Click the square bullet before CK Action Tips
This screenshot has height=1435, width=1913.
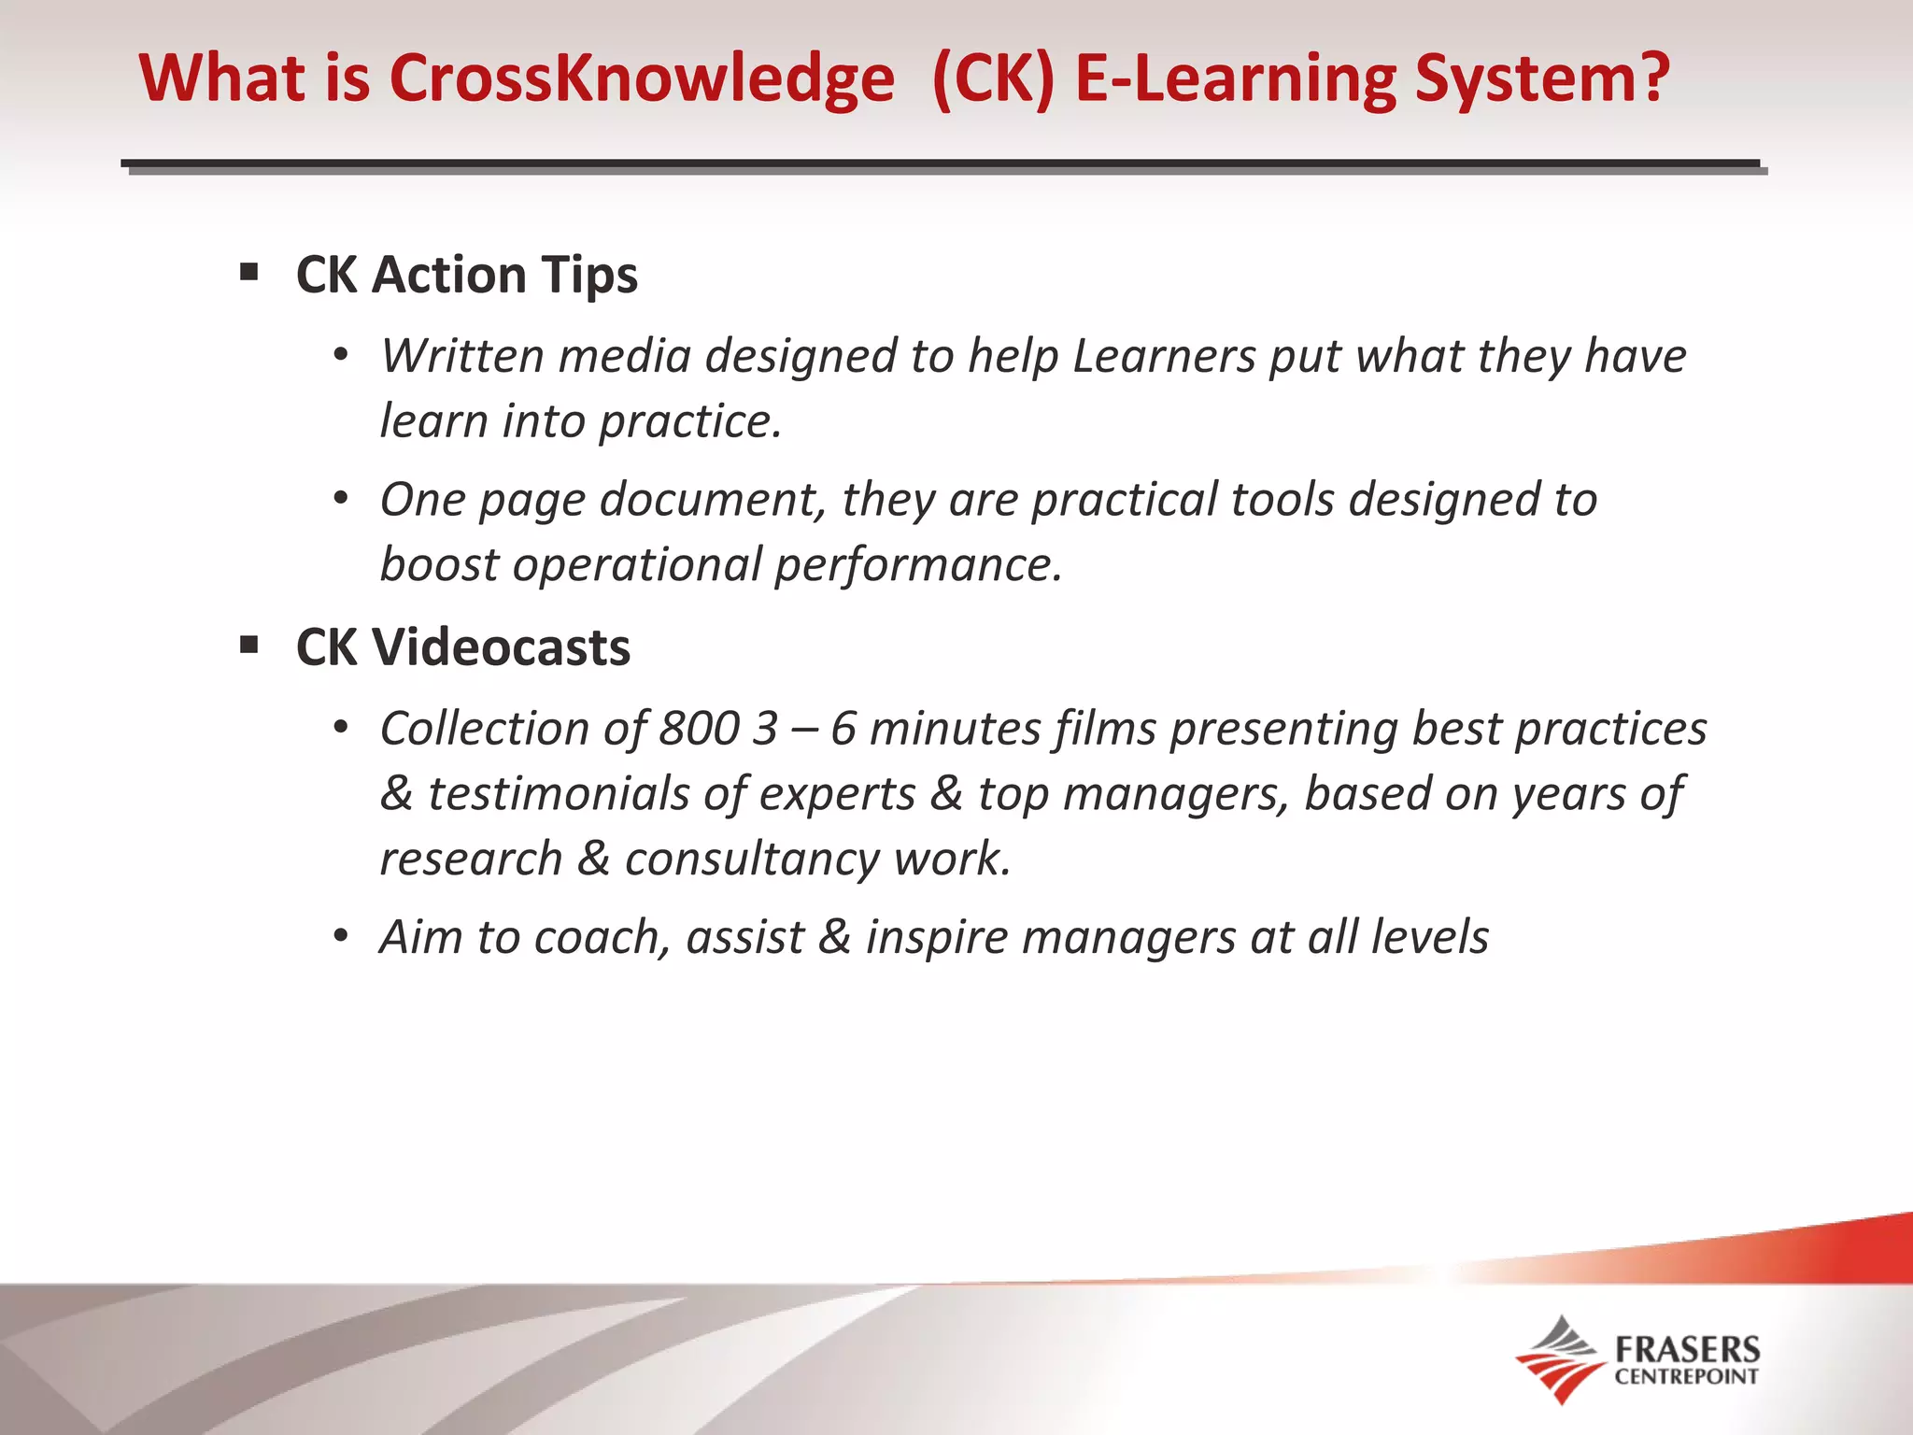click(248, 273)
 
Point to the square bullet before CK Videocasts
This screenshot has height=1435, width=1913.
click(248, 645)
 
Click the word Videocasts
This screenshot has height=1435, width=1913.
click(502, 647)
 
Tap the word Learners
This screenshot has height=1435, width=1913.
click(1164, 356)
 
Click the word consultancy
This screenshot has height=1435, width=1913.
click(752, 859)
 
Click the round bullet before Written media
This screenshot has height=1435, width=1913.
click(341, 356)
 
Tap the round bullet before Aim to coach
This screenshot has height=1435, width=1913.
click(341, 936)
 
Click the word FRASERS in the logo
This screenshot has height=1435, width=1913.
click(1687, 1349)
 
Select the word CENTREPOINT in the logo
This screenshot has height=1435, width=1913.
click(1687, 1376)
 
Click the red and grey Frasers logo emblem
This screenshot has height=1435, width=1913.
click(1558, 1359)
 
